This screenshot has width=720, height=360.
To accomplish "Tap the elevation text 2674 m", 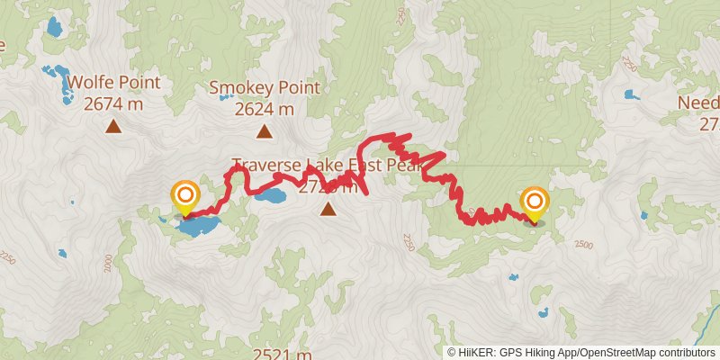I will point(113,103).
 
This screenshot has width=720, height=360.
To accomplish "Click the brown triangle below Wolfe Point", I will point(113,126).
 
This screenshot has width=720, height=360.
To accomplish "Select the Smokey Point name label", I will point(265,88).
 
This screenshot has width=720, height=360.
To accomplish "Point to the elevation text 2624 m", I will point(265,109).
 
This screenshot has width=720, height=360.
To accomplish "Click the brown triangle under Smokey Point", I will point(265,132).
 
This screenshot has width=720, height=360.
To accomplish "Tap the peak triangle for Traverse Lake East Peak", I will point(328,210).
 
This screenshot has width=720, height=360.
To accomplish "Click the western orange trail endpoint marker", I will point(184,195).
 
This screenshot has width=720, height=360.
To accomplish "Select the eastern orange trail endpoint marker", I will point(535,202).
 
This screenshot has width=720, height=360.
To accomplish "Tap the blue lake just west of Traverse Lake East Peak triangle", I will point(270,193).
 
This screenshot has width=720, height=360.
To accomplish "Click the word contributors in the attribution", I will point(687,352).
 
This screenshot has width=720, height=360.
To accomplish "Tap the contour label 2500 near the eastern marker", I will point(583,245).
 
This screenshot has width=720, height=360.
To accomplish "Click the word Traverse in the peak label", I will point(266,166).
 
